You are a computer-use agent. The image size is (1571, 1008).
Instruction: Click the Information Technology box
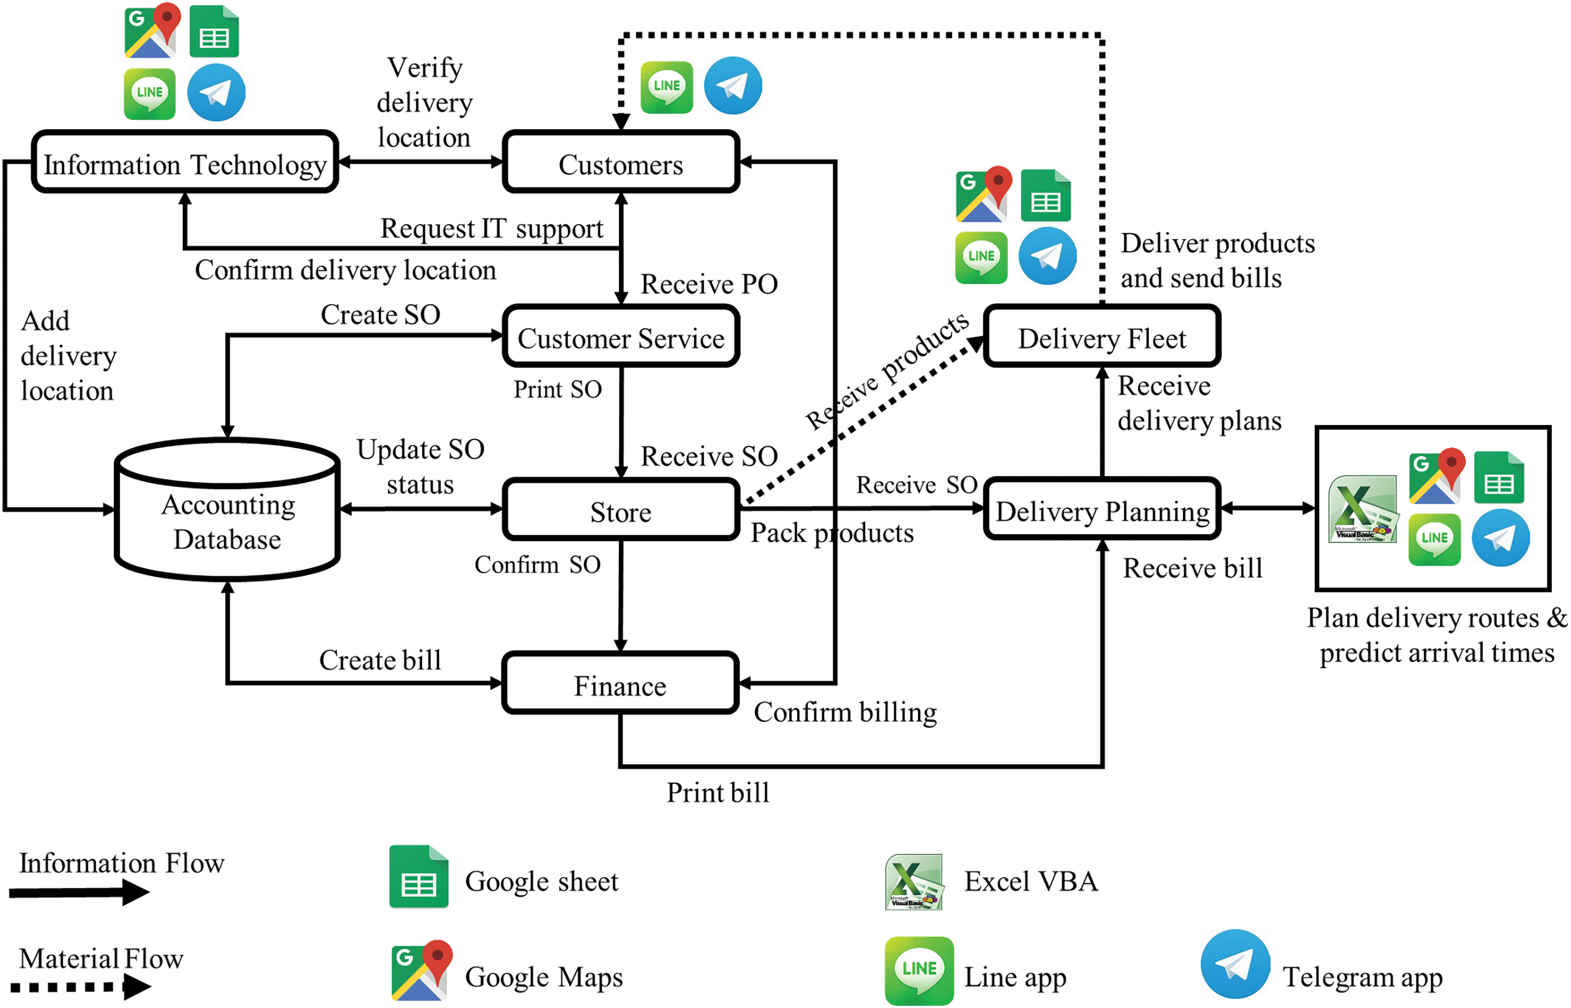[185, 163]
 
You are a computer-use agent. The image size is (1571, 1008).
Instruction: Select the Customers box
[620, 163]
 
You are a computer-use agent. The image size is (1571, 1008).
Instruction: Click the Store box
[620, 510]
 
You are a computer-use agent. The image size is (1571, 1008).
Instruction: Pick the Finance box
[620, 684]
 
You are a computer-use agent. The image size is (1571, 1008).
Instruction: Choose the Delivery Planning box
[1102, 510]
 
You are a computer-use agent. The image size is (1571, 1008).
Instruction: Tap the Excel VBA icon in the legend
[914, 882]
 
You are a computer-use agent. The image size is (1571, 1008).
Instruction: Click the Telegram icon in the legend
[1235, 964]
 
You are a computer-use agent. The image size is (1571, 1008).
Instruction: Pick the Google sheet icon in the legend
[418, 877]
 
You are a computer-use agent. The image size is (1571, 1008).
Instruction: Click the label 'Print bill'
[718, 793]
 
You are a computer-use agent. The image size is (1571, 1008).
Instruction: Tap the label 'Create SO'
[380, 315]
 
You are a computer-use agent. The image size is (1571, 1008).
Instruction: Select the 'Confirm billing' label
[845, 712]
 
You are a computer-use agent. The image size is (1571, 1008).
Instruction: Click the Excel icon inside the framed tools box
[1363, 509]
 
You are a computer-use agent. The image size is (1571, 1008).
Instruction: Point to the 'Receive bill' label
[1192, 568]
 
